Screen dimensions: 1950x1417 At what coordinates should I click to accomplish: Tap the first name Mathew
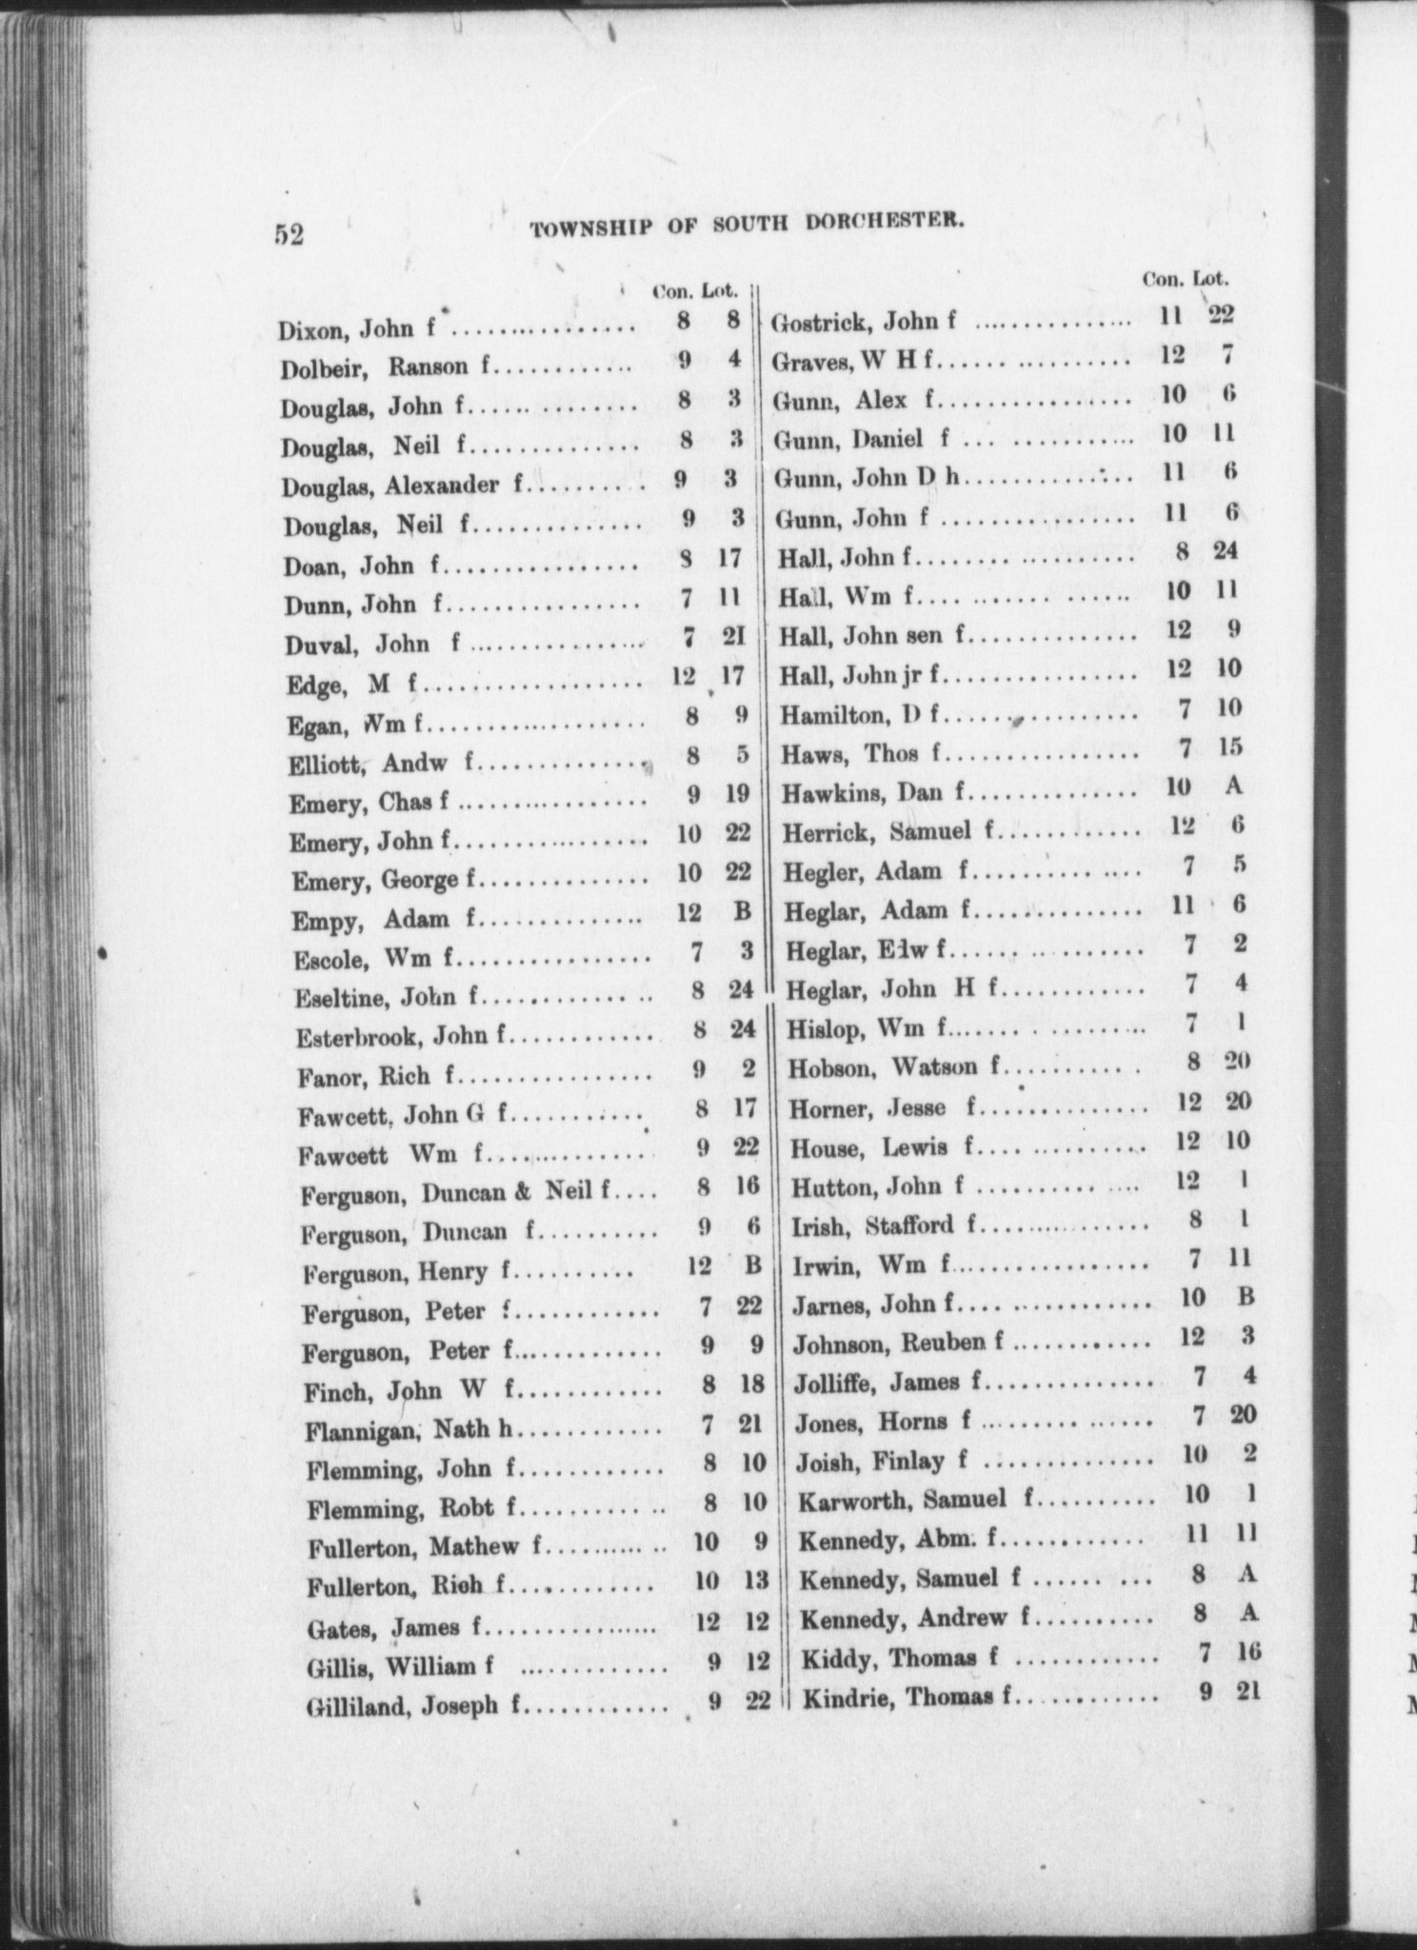473,1546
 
